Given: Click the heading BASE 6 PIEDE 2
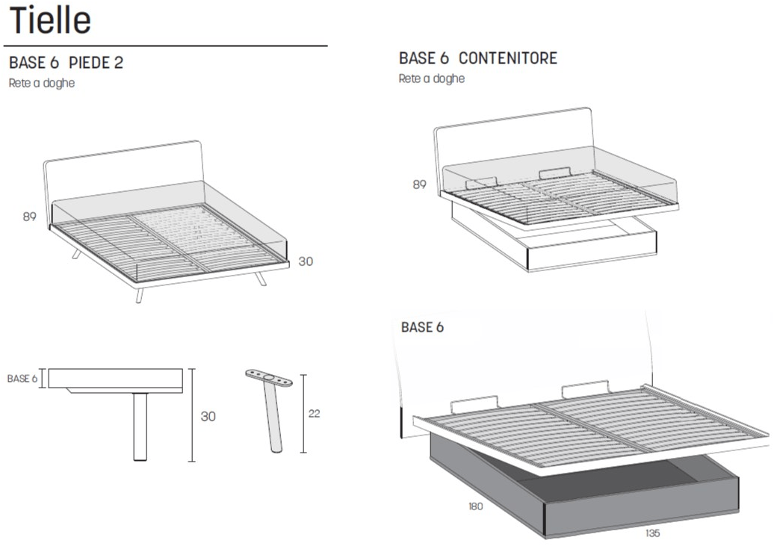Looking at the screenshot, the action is tap(66, 63).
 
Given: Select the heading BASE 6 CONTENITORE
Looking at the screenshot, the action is tap(478, 58).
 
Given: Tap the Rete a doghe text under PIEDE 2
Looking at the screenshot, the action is tap(42, 83).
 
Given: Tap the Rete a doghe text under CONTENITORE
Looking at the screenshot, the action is tap(432, 78).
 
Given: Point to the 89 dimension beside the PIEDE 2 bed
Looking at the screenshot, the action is tap(30, 217).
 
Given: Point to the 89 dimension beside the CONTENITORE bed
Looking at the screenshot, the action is tap(420, 184).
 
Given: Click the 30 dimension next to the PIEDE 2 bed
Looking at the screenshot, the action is tap(306, 261).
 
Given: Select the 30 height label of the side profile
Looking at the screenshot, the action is tap(208, 417).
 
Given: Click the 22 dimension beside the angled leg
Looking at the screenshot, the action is tap(314, 414).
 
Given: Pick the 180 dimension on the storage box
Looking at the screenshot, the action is tap(475, 506).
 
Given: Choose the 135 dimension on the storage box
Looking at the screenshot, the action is tap(652, 533).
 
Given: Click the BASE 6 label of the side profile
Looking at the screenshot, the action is tap(22, 379).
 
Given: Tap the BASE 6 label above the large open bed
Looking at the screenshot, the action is tap(423, 327).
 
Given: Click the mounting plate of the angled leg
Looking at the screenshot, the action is tap(269, 378).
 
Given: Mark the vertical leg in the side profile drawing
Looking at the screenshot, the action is tap(140, 427).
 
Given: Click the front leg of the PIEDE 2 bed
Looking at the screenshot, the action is tap(139, 294).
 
